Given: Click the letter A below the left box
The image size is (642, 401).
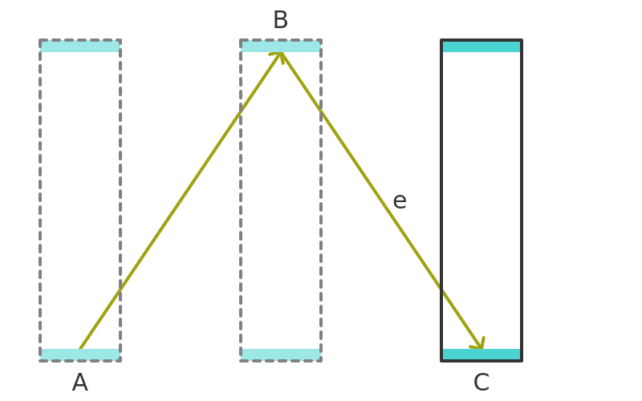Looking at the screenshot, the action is [79, 383].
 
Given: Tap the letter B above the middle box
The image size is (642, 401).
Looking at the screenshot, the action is [280, 19].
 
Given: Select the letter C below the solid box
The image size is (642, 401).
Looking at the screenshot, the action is [481, 383].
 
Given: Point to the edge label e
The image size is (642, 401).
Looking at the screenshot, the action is [400, 201].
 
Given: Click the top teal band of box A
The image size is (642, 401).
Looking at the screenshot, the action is [80, 47].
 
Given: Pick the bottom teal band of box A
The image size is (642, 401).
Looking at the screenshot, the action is [80, 354].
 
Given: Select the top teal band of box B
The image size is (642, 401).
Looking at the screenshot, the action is [281, 47].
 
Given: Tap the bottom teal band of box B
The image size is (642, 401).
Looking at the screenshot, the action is [281, 354].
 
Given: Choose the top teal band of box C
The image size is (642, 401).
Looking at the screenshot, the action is [481, 47].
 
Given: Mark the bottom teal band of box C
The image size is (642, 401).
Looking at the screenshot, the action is [481, 354].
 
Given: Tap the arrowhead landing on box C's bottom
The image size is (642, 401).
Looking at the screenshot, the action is [479, 344].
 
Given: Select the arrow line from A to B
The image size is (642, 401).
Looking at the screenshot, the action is [181, 200].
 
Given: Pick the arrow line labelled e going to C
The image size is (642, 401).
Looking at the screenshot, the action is [381, 200].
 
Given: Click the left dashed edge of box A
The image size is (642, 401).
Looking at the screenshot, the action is [40, 200].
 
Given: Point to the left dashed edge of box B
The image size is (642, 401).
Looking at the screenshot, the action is [241, 200].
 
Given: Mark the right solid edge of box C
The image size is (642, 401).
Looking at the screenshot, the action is [522, 200].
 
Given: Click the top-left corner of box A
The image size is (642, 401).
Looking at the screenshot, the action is [40, 40].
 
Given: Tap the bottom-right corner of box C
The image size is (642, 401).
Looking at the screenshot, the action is [522, 361].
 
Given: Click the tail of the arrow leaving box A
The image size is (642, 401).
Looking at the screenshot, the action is [80, 349].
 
